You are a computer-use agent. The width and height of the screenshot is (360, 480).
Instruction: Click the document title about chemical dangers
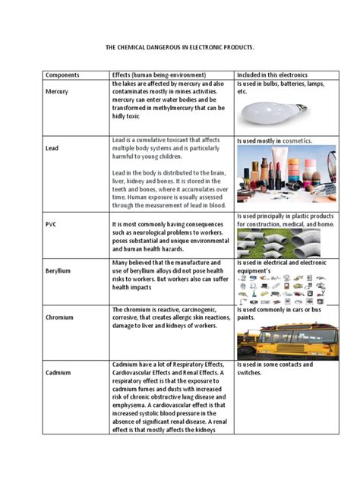[x=179, y=47]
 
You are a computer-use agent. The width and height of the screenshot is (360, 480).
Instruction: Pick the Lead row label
[x=52, y=150]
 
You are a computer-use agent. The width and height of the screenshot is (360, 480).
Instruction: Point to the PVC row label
[x=51, y=225]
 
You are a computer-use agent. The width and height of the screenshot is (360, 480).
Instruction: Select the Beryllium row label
[x=58, y=269]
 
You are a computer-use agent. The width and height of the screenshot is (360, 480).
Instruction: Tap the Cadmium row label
[x=58, y=373]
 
